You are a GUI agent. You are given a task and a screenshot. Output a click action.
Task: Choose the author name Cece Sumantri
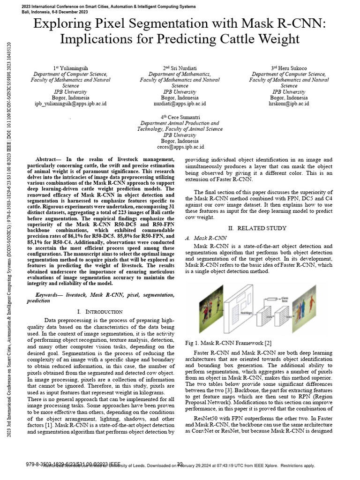click(182, 117)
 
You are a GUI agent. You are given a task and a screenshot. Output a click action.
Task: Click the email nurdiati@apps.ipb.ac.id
click(180, 104)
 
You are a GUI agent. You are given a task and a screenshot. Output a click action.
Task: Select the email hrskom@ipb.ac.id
click(289, 104)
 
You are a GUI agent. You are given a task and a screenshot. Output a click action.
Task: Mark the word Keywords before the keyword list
click(49, 295)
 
